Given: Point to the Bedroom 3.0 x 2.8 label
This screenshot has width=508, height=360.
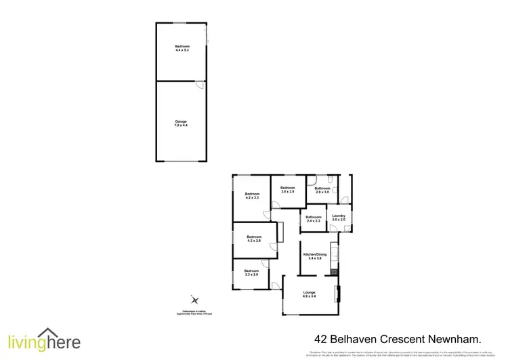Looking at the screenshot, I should click(x=288, y=189).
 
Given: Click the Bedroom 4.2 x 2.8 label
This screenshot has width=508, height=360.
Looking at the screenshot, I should click(x=254, y=239).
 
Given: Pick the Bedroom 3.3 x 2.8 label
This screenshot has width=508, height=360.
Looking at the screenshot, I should click(x=251, y=273).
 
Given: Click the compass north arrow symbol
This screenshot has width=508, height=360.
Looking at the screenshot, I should click(x=195, y=299).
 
